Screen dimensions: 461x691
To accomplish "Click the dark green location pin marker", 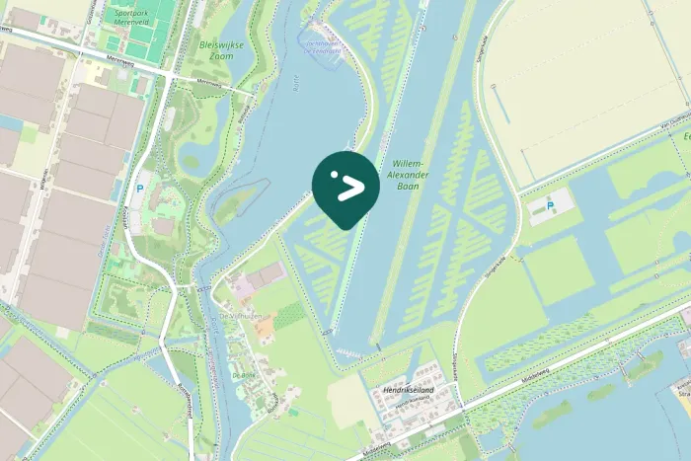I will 345,187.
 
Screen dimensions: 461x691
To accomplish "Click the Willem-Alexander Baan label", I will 410,174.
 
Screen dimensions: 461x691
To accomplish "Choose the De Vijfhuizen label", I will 237,315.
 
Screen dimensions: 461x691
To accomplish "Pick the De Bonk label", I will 243,376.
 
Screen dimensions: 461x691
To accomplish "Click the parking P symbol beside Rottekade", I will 139,186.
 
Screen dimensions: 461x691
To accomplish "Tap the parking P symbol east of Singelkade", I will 551,205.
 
